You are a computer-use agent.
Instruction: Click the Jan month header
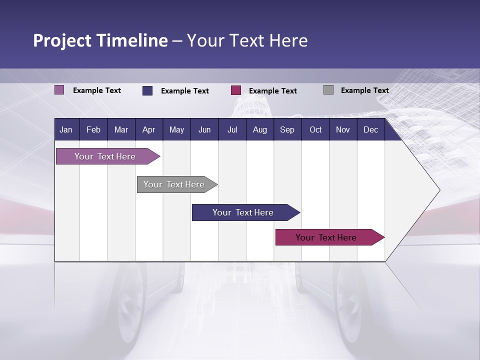(x=66, y=130)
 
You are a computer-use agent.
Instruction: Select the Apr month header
(x=148, y=130)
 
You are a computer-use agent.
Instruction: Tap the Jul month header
(x=232, y=130)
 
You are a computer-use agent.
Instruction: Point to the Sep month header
(x=287, y=130)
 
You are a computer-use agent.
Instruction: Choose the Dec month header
(x=370, y=130)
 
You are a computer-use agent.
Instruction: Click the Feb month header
(x=93, y=130)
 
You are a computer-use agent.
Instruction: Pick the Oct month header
(x=315, y=130)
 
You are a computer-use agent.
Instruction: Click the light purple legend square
(x=59, y=90)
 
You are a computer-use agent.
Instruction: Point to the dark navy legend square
(x=147, y=90)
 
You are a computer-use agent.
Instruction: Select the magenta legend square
(x=236, y=90)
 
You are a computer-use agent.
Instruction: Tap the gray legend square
(x=328, y=90)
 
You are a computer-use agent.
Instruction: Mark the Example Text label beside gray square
(x=364, y=90)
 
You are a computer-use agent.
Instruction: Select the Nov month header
(x=343, y=130)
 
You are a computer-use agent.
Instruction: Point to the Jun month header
(x=204, y=130)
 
